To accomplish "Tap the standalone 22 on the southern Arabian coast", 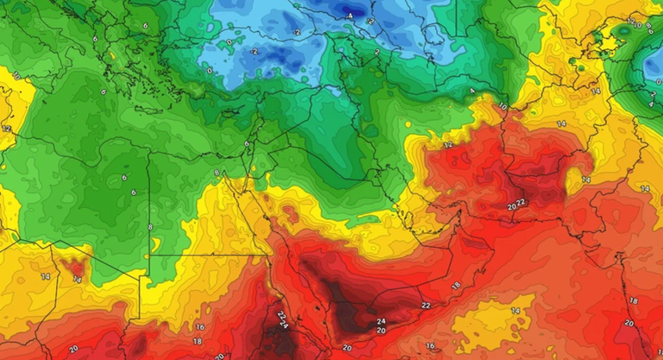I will coord(426,306).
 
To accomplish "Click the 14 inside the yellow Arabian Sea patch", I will coord(516,311).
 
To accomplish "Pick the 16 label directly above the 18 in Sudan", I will coord(199,327).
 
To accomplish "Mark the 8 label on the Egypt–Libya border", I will coord(150,227).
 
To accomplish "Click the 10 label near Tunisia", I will coord(16,76).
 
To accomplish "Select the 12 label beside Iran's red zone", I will coord(448,146).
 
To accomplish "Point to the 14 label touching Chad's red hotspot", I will coord(77,280).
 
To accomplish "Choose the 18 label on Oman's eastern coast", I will coord(456,284).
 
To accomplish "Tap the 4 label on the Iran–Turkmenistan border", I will coord(472,91).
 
